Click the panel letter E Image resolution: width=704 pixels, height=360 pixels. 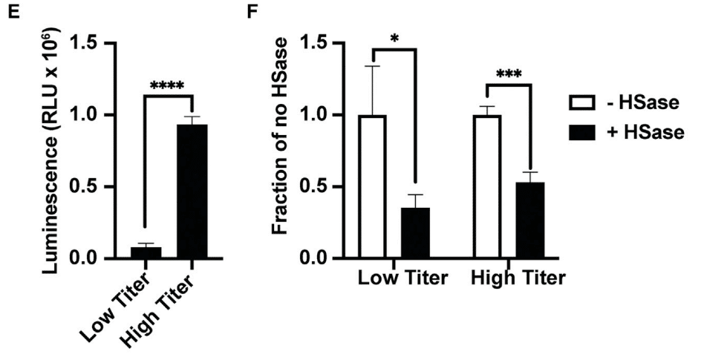tap(10, 13)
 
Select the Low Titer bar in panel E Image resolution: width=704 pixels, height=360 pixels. tap(146, 252)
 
